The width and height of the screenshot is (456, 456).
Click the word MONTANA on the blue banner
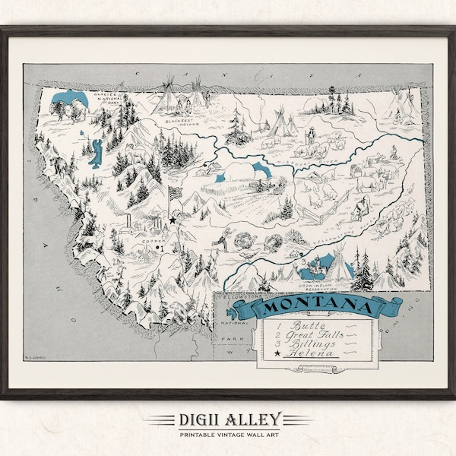click(x=315, y=309)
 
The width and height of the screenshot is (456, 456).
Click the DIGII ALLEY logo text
click(x=227, y=419)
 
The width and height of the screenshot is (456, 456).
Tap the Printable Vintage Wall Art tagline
click(x=227, y=433)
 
